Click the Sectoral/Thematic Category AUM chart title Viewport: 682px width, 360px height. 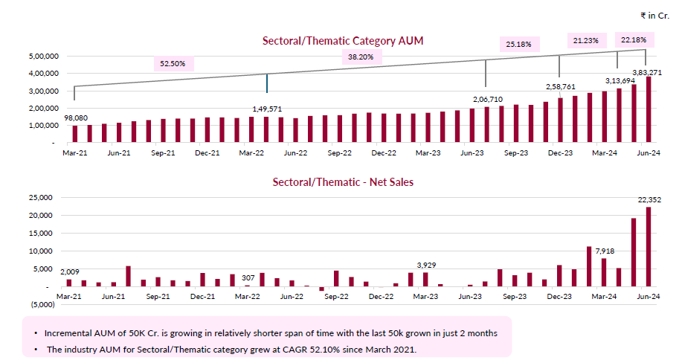point(343,41)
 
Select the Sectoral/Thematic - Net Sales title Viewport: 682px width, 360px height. point(343,181)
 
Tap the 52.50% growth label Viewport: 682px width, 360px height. point(173,64)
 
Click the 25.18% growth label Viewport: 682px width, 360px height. point(518,45)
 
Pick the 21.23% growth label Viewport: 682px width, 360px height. point(587,40)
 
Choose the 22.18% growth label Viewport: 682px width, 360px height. point(633,39)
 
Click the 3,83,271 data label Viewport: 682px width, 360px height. point(646,72)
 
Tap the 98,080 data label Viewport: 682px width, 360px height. point(75,118)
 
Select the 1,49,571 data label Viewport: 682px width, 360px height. point(267,109)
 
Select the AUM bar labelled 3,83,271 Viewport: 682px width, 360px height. point(648,109)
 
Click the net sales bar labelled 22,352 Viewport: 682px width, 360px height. point(648,246)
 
